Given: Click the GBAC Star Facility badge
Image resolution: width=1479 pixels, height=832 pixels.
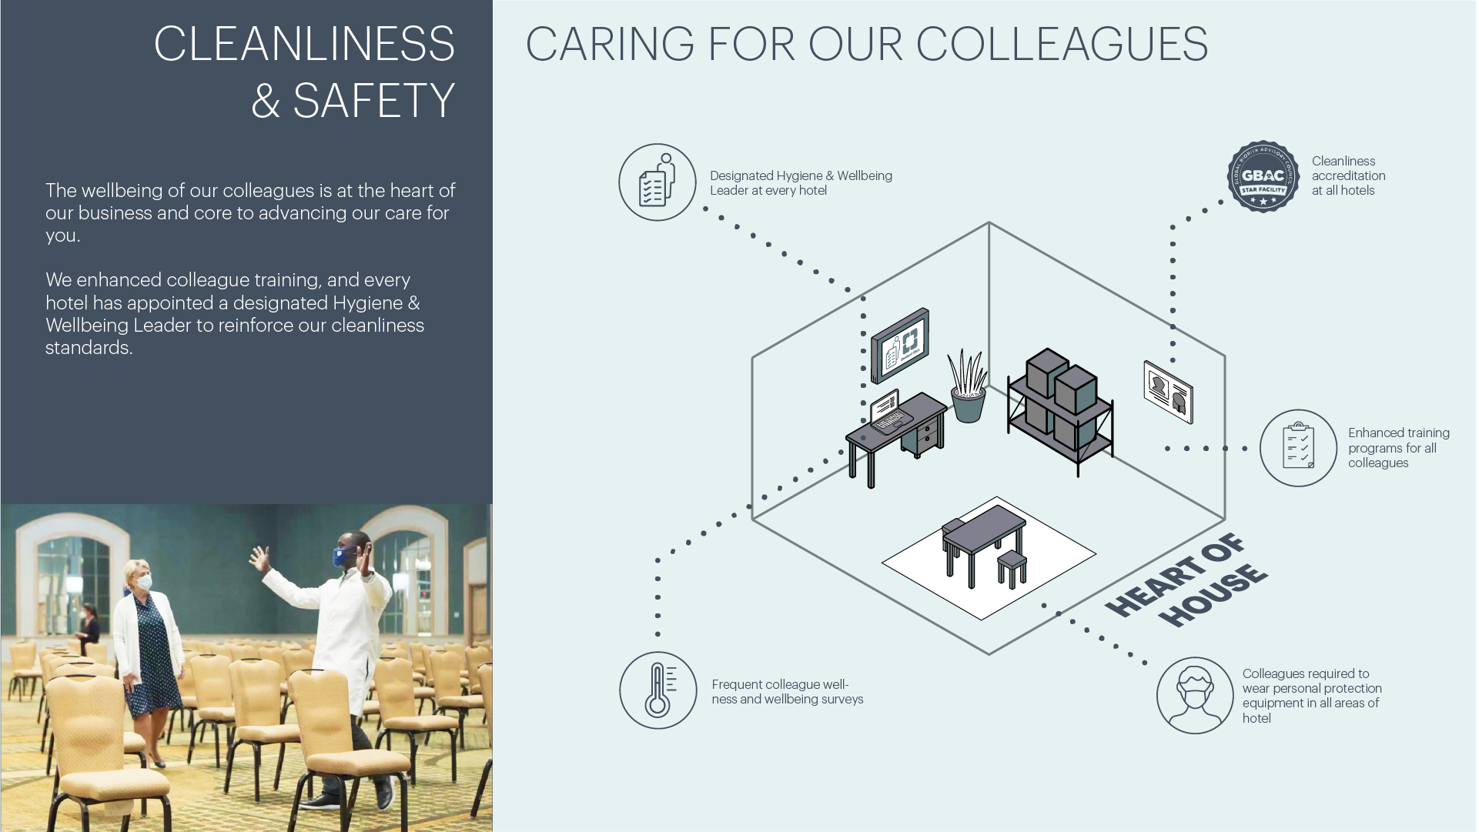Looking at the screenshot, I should click(x=1263, y=177).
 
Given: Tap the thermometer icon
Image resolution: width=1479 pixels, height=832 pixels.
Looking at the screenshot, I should click(x=658, y=690).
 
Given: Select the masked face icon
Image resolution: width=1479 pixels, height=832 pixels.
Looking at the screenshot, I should click(x=1194, y=695).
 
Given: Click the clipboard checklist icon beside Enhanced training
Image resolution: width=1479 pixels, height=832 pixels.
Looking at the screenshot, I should click(x=1298, y=448).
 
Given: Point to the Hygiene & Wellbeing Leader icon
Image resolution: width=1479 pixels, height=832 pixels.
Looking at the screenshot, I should click(x=657, y=182).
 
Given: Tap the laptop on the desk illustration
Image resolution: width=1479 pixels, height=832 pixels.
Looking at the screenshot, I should click(x=888, y=412).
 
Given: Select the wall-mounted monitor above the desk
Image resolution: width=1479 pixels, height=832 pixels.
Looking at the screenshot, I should click(x=899, y=346).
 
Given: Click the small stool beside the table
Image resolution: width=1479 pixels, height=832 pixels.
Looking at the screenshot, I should click(x=1012, y=568).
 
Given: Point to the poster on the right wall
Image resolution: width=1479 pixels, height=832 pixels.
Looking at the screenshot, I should click(x=1168, y=392).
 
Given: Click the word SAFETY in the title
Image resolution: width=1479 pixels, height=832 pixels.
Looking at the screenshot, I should click(x=373, y=101).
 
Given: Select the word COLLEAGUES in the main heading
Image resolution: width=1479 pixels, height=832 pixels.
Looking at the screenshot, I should click(x=1062, y=44).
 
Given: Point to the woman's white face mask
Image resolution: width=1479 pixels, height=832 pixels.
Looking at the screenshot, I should click(x=144, y=583).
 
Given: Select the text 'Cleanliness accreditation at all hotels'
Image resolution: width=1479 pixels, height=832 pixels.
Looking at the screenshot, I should click(x=1348, y=176).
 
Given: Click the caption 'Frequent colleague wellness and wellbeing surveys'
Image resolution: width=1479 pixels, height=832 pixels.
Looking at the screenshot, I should click(x=787, y=692).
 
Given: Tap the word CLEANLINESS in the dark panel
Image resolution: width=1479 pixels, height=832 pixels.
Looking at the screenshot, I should click(x=304, y=44).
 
